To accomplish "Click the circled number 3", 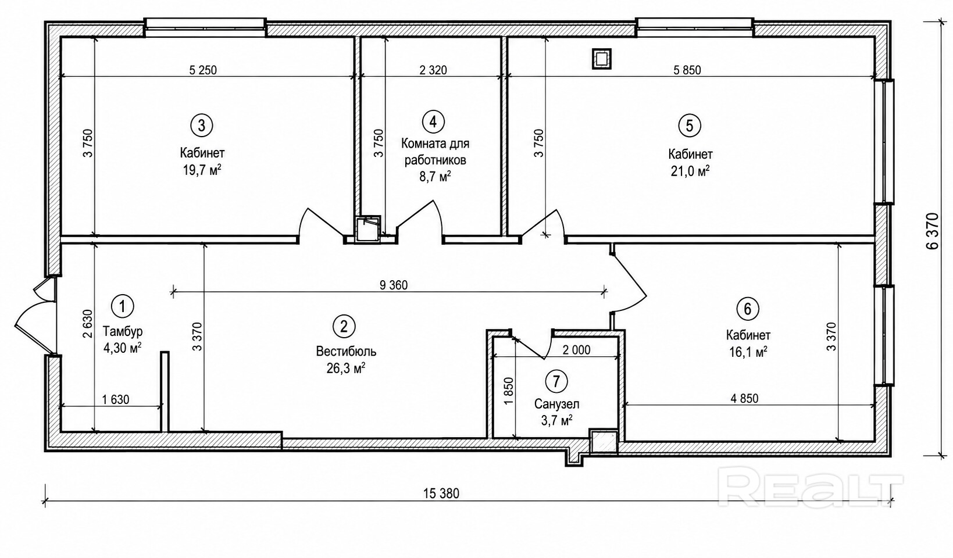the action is click(202, 126).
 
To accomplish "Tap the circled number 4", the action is click(433, 121).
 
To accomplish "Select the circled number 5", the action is click(689, 126).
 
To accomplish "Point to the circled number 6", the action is click(748, 309).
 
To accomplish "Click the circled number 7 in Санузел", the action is click(556, 381).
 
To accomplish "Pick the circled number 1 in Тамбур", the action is click(123, 306).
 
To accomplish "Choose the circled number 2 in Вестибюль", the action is click(344, 326).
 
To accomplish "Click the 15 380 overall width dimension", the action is click(441, 494).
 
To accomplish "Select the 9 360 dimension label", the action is click(394, 285).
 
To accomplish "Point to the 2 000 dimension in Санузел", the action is click(576, 350).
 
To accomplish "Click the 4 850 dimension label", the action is click(744, 399).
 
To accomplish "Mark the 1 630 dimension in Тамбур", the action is click(116, 400).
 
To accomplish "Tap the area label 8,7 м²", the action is click(436, 177).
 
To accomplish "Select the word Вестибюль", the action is click(346, 352).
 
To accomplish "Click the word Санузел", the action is click(557, 403).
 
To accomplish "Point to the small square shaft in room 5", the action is click(602, 59).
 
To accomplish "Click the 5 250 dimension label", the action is click(203, 70).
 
